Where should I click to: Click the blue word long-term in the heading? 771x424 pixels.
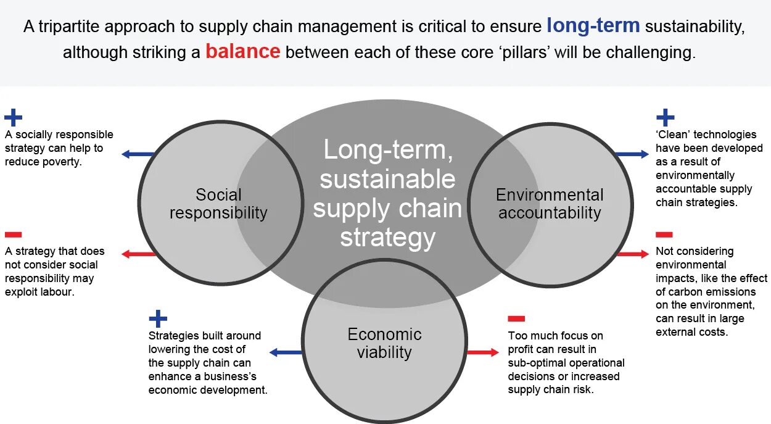[593, 26]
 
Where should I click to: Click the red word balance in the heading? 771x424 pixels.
[243, 51]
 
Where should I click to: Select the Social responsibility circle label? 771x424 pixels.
[218, 204]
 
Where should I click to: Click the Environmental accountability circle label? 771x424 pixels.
[550, 204]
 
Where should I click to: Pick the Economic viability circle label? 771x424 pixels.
[384, 343]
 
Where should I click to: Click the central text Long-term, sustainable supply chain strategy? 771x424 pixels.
[387, 193]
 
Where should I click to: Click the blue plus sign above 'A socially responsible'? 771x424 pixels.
[13, 117]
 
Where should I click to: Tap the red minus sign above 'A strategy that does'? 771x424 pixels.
[13, 235]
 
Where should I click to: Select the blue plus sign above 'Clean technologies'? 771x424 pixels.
[665, 117]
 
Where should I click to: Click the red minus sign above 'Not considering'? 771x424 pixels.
[664, 235]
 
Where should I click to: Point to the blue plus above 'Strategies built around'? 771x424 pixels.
[158, 318]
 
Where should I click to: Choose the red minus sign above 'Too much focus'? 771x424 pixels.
[516, 318]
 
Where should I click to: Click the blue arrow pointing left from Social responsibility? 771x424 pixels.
[137, 154]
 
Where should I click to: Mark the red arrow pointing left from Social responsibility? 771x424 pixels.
[138, 254]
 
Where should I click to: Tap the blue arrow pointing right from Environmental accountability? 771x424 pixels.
[632, 154]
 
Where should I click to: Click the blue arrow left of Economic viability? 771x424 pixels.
[286, 352]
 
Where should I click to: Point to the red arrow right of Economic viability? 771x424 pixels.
[483, 352]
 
